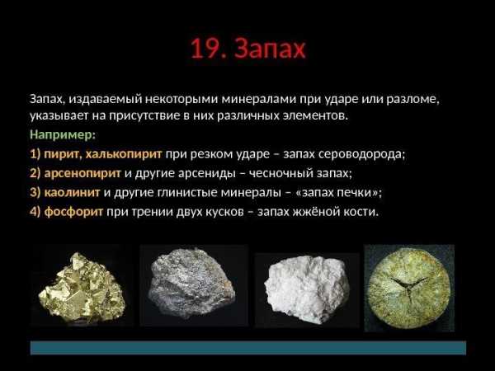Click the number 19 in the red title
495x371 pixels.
[204, 49]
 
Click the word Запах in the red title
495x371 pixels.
[271, 49]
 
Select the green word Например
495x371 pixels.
[62, 135]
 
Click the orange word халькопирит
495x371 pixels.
[124, 154]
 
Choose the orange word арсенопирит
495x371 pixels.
[82, 173]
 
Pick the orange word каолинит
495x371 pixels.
[72, 192]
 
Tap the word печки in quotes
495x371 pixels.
[354, 192]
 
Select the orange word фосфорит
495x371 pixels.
[73, 211]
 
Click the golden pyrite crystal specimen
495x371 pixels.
[82, 287]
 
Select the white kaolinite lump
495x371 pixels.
[307, 289]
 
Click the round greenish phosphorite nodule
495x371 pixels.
[409, 288]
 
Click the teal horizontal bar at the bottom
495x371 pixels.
[248, 347]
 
